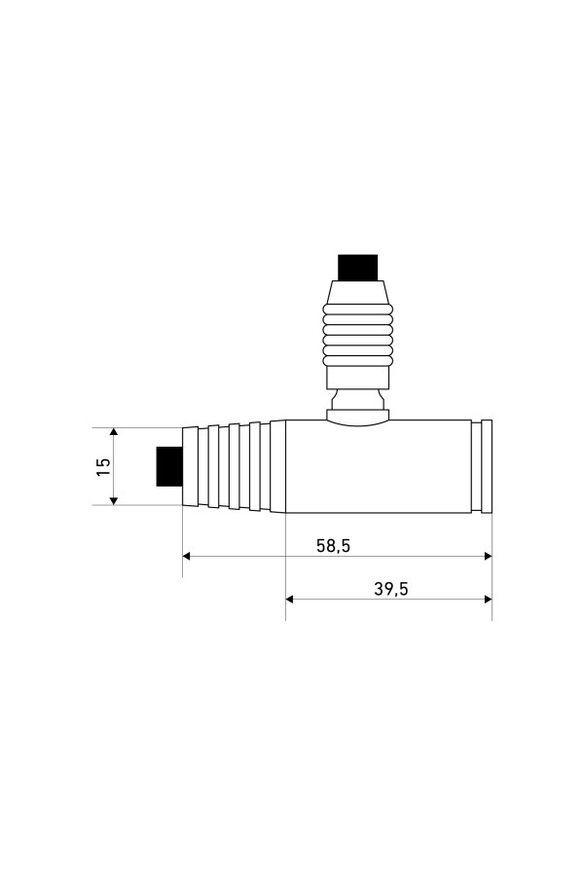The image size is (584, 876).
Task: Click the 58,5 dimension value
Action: click(333, 545)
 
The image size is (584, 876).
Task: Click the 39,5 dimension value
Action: click(390, 589)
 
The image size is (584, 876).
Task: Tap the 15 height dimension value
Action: click(104, 466)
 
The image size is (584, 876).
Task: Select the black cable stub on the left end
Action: click(169, 466)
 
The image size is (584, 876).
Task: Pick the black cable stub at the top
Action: click(357, 268)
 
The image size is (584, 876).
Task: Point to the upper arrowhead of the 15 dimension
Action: click(114, 433)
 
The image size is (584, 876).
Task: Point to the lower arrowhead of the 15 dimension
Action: click(114, 500)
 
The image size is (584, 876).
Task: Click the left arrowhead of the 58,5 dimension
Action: click(188, 556)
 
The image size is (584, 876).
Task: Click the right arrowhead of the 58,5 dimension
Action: click(488, 556)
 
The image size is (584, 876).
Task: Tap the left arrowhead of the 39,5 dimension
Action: click(291, 599)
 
